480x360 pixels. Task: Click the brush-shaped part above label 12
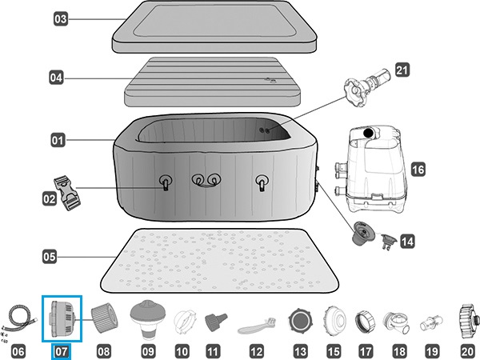point(256,326)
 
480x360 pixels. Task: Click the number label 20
point(466,350)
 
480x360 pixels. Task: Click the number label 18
point(398,350)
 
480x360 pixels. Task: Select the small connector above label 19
point(432,322)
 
